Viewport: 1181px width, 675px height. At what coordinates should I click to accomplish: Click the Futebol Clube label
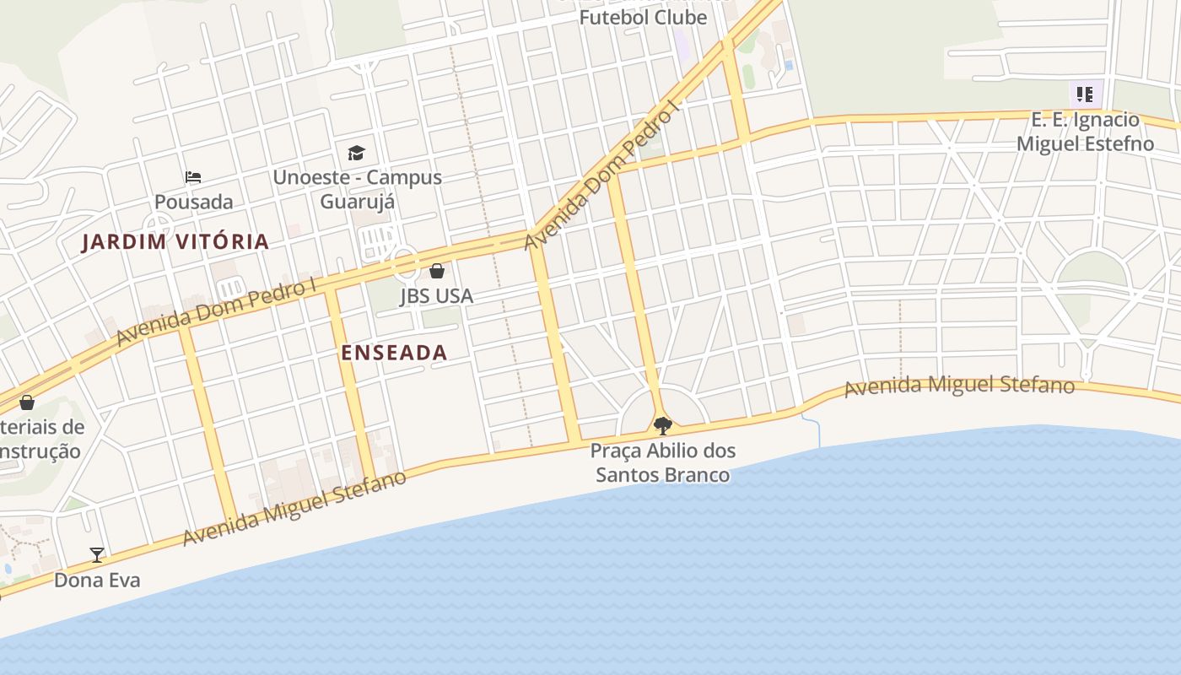[x=643, y=17]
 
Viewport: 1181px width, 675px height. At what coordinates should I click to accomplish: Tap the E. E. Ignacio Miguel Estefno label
[x=1085, y=131]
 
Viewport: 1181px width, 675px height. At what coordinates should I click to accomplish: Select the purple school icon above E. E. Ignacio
[x=1084, y=94]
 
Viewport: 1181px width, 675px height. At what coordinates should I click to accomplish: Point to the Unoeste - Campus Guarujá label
[x=357, y=190]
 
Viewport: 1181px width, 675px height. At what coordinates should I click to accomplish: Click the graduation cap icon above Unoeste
[x=356, y=153]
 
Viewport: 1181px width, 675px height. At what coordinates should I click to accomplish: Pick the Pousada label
[x=193, y=202]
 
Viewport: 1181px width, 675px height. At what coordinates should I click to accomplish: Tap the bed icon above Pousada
[x=193, y=177]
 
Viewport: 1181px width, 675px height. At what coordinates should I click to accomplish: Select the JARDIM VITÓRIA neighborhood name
[x=175, y=242]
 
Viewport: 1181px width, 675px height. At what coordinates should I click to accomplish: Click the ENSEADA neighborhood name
[x=394, y=353]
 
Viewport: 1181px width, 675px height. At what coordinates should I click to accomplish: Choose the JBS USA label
[x=436, y=296]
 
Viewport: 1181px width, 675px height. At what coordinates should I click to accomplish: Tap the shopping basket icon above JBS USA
[x=437, y=271]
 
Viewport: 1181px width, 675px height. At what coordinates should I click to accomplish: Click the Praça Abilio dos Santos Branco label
[x=663, y=462]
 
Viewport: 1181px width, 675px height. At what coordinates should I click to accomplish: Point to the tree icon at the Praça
[x=663, y=424]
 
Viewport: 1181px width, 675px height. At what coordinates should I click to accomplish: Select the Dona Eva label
[x=97, y=580]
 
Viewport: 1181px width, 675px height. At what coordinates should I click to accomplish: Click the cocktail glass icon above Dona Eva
[x=97, y=554]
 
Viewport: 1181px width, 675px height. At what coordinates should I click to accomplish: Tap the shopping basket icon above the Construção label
[x=27, y=402]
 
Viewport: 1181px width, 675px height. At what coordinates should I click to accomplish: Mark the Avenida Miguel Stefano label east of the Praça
[x=959, y=386]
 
